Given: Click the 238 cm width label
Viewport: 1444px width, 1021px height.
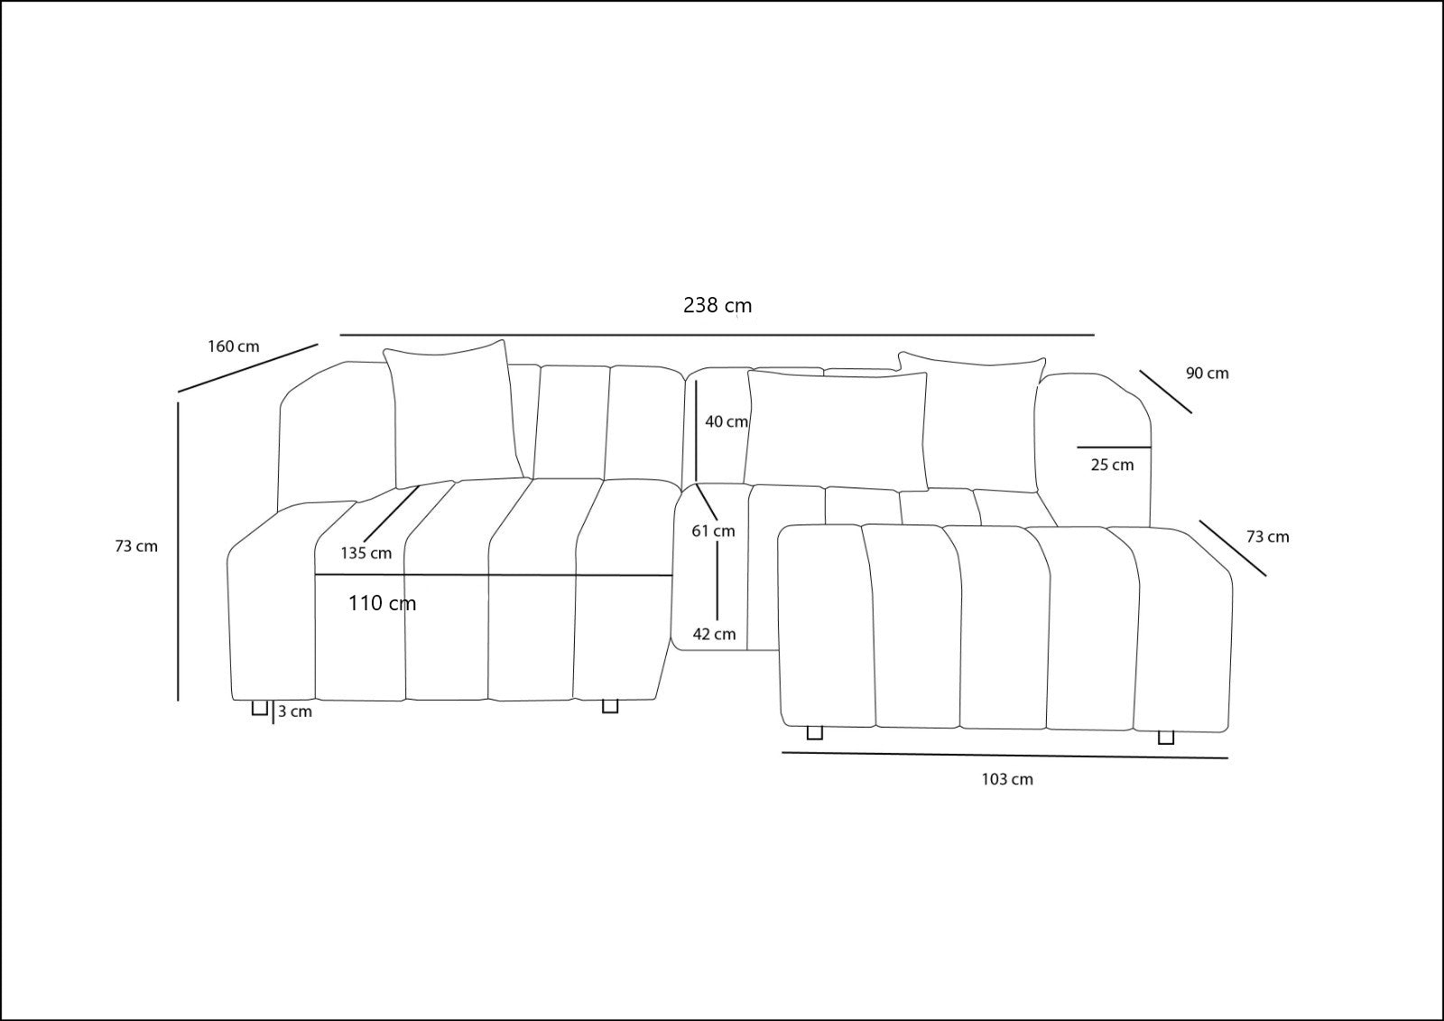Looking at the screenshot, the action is (x=717, y=305).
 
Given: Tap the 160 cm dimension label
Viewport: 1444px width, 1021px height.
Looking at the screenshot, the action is (x=234, y=347).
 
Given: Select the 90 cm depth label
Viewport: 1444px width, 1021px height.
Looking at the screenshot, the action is (x=1208, y=373).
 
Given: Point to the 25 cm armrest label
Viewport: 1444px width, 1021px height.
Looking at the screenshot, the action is (x=1112, y=464).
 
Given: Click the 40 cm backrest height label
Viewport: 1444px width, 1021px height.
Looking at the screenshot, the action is (x=727, y=422).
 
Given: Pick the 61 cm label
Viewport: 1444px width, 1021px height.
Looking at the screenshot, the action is (x=713, y=531).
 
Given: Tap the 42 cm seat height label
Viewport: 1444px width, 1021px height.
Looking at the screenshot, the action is (x=714, y=634).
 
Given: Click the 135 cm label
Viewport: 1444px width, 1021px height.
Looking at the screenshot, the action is (x=366, y=552).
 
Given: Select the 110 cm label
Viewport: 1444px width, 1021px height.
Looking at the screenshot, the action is (x=383, y=603).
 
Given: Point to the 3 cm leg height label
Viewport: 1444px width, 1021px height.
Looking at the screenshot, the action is (x=295, y=711).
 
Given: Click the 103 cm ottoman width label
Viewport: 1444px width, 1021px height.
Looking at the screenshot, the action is (x=1007, y=779).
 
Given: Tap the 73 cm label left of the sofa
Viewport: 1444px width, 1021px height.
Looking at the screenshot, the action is (x=136, y=546).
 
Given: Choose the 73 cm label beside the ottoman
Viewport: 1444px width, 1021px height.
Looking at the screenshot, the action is (x=1268, y=536).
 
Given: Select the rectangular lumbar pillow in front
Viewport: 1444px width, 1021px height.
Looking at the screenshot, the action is (x=836, y=428).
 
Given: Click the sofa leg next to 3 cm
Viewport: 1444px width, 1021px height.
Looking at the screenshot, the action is (x=259, y=708).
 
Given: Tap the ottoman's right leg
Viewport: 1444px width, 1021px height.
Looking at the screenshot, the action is (x=1165, y=738).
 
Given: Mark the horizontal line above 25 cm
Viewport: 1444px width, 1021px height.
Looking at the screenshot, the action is (x=1114, y=447).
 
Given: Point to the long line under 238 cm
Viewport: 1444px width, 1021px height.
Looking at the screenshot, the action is (x=717, y=336).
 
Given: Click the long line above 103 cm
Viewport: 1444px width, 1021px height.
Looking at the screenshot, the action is (x=1005, y=756).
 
